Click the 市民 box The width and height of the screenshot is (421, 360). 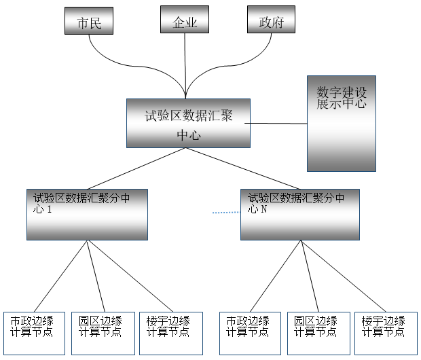[88, 20]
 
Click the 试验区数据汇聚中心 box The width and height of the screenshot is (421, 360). [188, 123]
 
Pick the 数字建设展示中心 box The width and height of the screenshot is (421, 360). [341, 123]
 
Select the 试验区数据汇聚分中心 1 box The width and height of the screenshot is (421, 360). [87, 214]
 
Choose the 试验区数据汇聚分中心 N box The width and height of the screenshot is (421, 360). [299, 214]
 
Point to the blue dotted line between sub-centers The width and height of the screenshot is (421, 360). [226, 213]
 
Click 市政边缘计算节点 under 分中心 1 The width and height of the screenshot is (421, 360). [34, 333]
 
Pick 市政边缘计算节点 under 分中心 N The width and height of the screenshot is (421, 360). [249, 333]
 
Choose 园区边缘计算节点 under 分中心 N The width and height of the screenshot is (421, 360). [316, 333]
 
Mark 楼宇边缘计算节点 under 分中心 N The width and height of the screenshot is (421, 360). [383, 333]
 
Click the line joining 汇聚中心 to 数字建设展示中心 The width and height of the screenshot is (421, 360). [276, 124]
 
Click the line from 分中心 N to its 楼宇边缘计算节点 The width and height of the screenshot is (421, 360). [343, 275]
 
